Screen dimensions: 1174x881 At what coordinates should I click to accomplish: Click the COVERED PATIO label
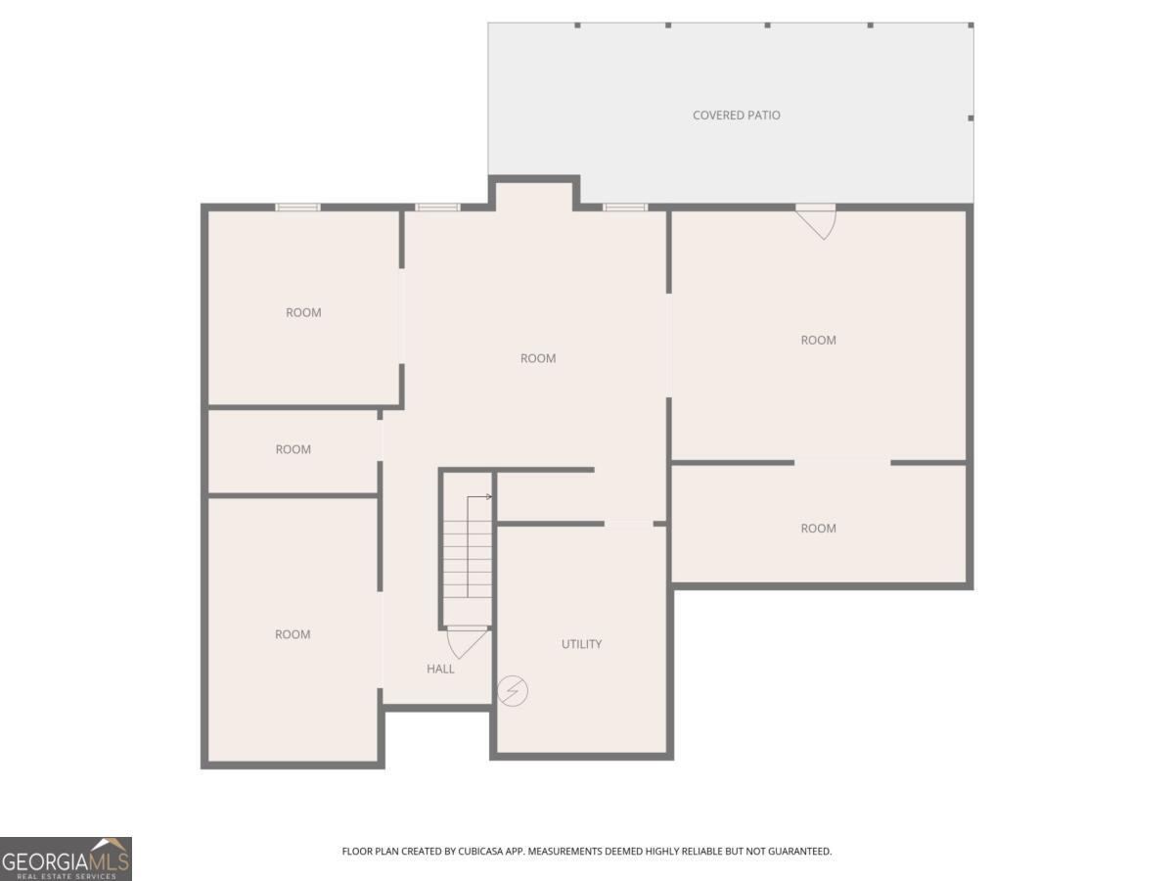tap(736, 115)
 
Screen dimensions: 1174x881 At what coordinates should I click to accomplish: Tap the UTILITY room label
tap(581, 644)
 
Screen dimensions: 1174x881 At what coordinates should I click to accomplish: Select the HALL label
tap(440, 669)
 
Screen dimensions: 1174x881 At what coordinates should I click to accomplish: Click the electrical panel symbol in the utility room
tap(513, 690)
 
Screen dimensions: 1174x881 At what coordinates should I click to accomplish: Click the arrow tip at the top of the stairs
tap(490, 497)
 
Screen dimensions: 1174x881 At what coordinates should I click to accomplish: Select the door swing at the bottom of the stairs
tap(467, 642)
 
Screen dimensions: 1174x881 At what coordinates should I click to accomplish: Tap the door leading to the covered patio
tap(816, 221)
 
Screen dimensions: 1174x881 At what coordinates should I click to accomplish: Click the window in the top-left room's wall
tap(298, 207)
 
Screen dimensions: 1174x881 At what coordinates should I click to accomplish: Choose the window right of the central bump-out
tap(625, 207)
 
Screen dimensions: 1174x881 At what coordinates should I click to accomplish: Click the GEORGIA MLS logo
tap(66, 858)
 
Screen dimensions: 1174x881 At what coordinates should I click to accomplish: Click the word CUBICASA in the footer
tap(480, 851)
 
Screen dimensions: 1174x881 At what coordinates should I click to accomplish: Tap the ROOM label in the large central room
tap(538, 358)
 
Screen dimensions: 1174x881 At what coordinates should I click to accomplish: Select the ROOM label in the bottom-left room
tap(293, 634)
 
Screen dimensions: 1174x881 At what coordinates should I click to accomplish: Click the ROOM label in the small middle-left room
tap(293, 449)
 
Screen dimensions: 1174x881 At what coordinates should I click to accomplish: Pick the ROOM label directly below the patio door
tap(818, 341)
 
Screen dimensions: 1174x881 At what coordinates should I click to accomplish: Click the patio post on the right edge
tap(971, 117)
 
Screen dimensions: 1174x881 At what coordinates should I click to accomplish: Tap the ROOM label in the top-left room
tap(303, 312)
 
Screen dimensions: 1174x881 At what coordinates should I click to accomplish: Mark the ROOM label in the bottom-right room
tap(818, 529)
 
